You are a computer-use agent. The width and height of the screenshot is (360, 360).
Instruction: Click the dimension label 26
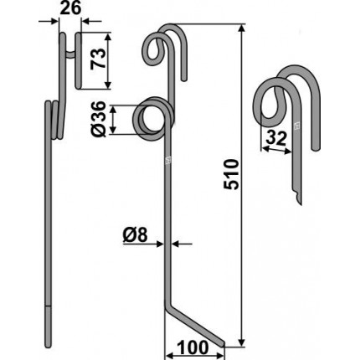coord(70,8)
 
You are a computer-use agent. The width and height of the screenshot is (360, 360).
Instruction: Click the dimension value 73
coord(99,58)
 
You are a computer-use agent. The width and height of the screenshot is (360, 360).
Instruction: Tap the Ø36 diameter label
coord(99,120)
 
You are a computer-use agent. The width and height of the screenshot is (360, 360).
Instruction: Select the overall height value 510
coord(232,174)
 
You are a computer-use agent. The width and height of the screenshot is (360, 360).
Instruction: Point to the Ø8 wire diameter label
coord(135,236)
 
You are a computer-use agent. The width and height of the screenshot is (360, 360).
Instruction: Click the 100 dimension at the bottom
coord(193,347)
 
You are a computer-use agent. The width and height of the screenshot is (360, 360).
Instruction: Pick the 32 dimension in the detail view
coord(276,139)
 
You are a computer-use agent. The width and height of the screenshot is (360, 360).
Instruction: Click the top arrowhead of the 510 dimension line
coord(242,28)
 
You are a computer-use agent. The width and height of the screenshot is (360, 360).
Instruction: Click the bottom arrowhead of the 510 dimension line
coord(242,342)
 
